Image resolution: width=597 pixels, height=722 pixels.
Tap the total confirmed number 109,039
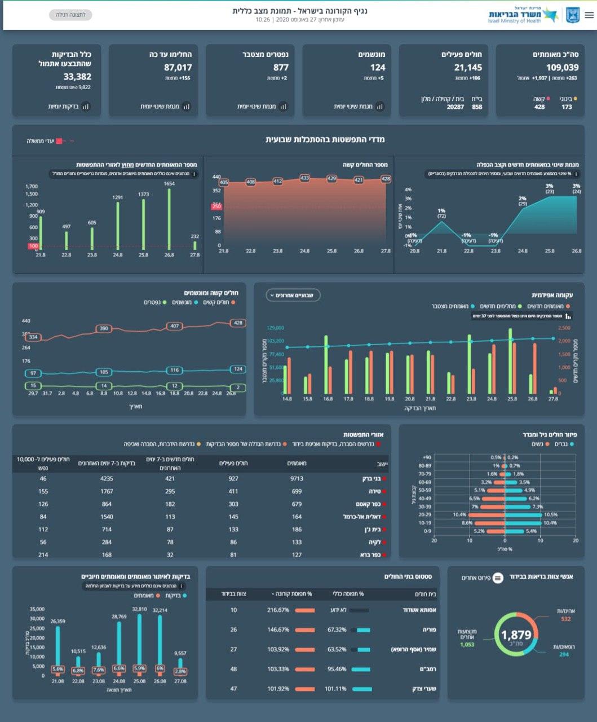(x=562, y=68)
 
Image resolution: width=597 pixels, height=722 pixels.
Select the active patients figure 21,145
(x=468, y=68)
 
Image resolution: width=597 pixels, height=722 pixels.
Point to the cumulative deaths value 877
(x=281, y=68)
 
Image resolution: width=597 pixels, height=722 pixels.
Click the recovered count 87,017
(x=178, y=68)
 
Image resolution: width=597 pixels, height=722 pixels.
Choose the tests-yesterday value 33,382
(x=77, y=77)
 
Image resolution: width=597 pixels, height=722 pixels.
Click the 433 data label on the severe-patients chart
(x=305, y=178)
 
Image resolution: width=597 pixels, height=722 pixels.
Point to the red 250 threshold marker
(x=216, y=206)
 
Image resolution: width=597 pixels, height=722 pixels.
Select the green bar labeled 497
(x=67, y=240)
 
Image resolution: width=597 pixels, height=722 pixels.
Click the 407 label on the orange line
(x=174, y=326)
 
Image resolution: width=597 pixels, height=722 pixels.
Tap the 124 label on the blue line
(x=238, y=369)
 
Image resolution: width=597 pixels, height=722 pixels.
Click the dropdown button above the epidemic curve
(x=293, y=295)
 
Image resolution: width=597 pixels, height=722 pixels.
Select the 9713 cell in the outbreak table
(x=297, y=478)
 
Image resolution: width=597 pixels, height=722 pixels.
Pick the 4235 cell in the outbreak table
(x=107, y=478)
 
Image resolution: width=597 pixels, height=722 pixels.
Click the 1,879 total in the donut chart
(x=516, y=635)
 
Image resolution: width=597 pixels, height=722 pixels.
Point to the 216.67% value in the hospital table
(x=278, y=610)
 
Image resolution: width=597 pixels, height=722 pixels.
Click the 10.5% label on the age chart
(x=550, y=514)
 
